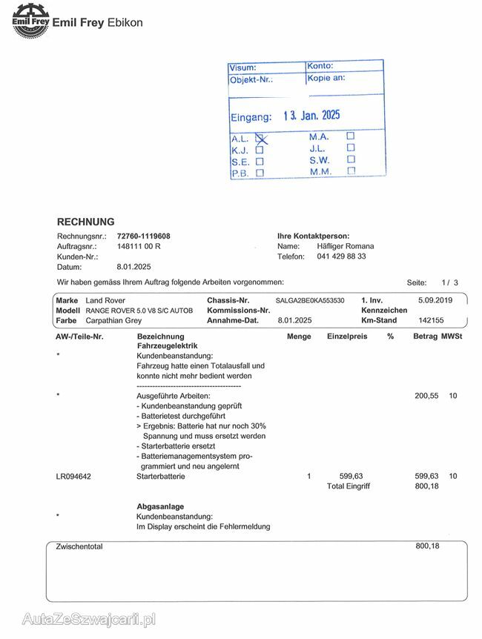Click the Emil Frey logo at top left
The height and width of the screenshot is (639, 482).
click(30, 18)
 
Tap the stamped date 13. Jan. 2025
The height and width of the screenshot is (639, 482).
click(311, 116)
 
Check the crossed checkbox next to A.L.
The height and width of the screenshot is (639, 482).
click(260, 138)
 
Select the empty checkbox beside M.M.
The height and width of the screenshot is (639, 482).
click(351, 171)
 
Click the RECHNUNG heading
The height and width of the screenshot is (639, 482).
click(86, 222)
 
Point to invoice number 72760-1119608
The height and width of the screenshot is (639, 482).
click(143, 236)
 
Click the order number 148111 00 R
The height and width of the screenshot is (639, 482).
click(139, 246)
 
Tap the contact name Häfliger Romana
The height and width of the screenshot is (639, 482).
click(346, 246)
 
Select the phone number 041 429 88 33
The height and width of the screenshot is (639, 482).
click(341, 256)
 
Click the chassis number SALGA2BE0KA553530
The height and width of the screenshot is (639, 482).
click(310, 300)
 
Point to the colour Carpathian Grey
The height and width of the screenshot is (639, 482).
click(113, 321)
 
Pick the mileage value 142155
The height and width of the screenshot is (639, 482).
click(431, 321)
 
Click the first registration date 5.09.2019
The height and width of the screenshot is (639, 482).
click(435, 300)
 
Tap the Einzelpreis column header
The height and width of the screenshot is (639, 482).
click(347, 337)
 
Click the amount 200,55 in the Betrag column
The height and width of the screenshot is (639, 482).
click(426, 396)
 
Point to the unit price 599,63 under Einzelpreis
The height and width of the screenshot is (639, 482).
click(351, 476)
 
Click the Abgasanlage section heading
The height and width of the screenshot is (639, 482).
click(160, 506)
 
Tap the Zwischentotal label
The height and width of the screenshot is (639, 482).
click(79, 546)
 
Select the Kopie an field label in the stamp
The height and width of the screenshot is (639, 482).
click(328, 77)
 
